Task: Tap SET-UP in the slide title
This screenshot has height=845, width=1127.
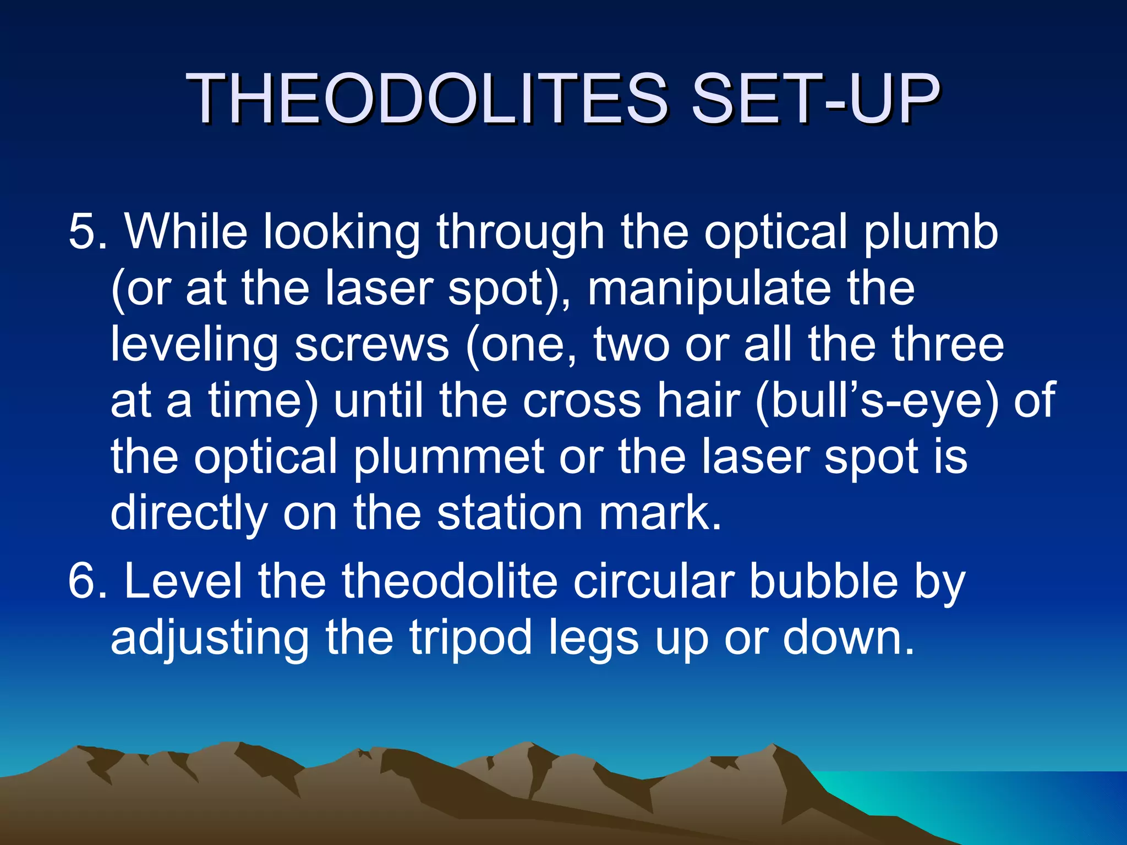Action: pos(814,99)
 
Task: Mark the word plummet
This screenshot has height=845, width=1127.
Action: pos(448,458)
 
